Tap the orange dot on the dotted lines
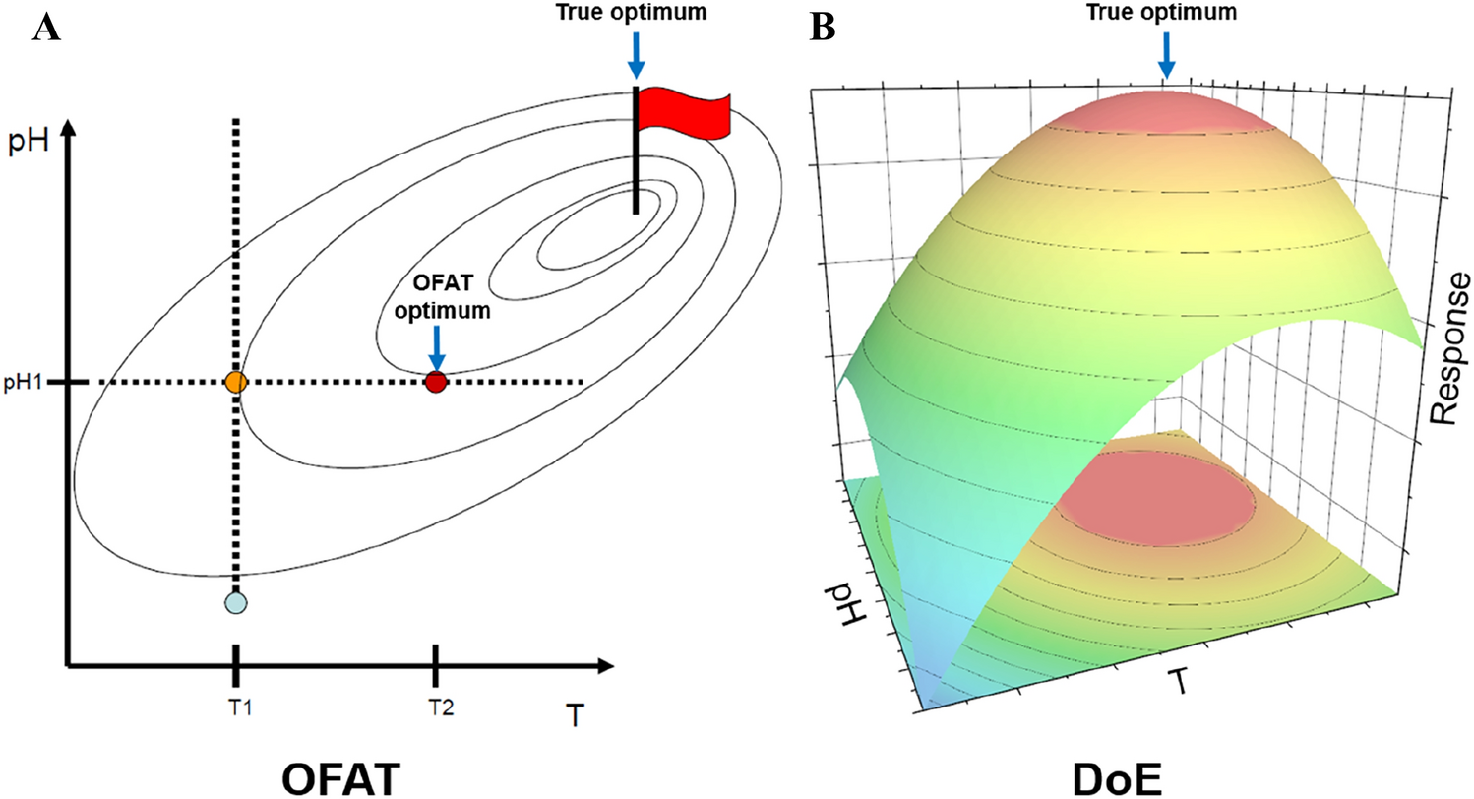235,382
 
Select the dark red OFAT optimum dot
436,382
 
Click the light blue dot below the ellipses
235,602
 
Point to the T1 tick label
236,707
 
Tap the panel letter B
822,29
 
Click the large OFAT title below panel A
340,774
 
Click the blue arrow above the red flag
636,57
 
